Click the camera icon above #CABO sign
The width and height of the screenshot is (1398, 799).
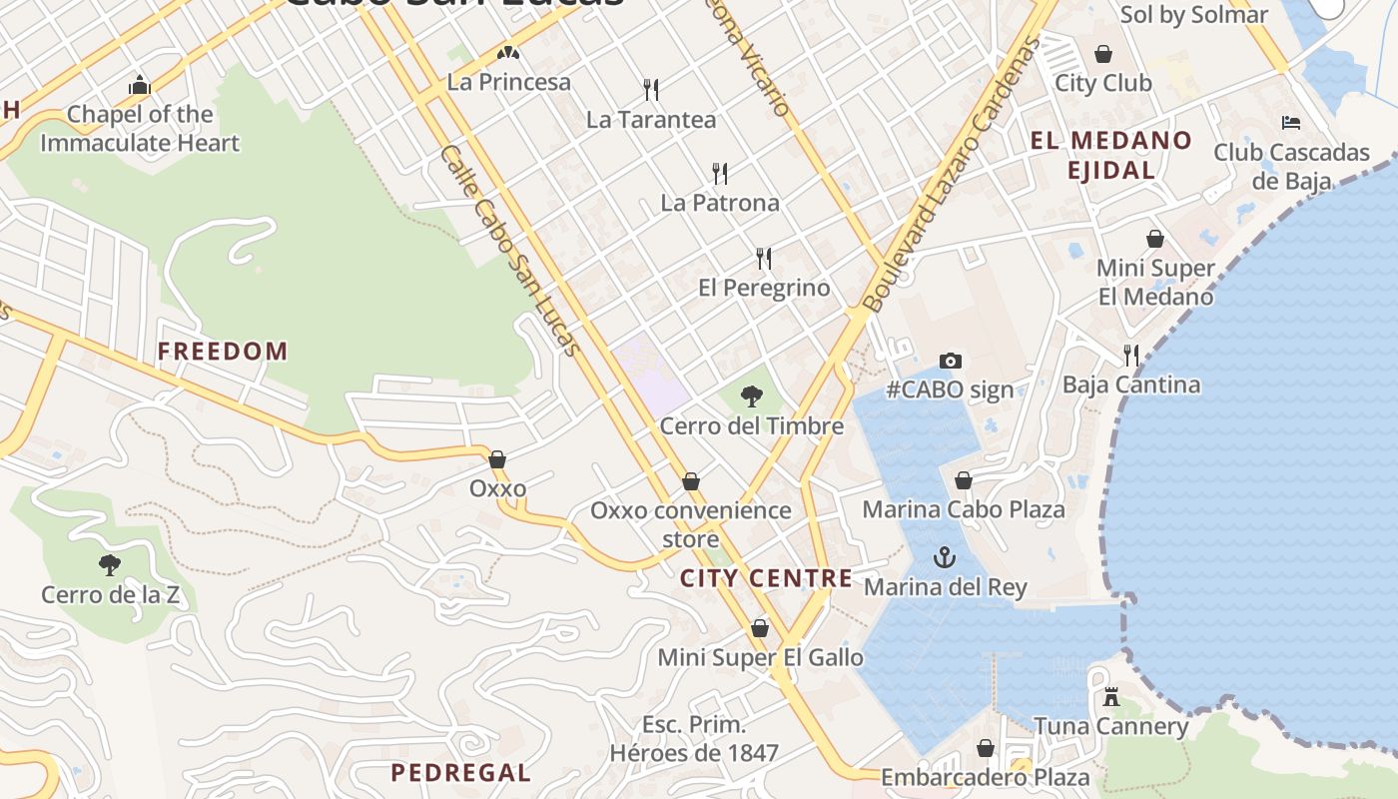coord(951,361)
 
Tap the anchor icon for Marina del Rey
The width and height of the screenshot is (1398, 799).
coord(944,557)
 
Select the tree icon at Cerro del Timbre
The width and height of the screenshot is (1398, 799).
coord(751,397)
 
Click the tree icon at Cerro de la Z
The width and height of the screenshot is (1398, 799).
coord(110,565)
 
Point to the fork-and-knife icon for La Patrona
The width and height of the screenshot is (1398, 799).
coord(719,173)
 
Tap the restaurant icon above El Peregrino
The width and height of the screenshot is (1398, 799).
coord(764,259)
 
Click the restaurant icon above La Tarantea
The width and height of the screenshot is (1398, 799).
coord(651,90)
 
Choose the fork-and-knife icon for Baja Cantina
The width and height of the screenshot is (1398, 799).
coord(1130,355)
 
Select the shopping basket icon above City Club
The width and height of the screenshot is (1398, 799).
coord(1103,53)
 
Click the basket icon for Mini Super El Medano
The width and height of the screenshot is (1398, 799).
coord(1155,239)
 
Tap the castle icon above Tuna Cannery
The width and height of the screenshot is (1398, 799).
coord(1110,697)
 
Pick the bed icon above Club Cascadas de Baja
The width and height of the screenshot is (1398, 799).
coord(1290,123)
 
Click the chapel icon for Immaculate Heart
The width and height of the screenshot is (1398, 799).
coord(140,86)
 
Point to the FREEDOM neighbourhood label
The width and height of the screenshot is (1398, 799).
coord(223,352)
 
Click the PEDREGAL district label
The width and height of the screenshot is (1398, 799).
coord(460,772)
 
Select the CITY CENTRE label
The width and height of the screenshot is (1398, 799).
coord(766,578)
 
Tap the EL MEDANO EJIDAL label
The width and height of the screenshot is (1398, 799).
coord(1110,155)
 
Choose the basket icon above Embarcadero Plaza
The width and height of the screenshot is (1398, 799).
coord(986,748)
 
